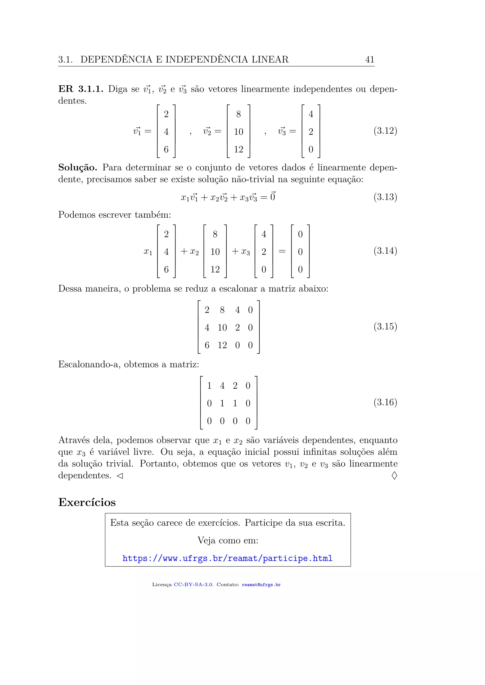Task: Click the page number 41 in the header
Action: pyautogui.click(x=369, y=60)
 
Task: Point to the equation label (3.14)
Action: pyautogui.click(x=385, y=251)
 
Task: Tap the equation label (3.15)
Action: pyautogui.click(x=385, y=326)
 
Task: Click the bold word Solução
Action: pyautogui.click(x=78, y=167)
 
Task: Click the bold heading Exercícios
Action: pyautogui.click(x=87, y=502)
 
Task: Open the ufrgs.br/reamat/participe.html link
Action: pyautogui.click(x=227, y=558)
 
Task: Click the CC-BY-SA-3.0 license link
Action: pyautogui.click(x=193, y=585)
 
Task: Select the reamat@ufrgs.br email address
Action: pyautogui.click(x=261, y=585)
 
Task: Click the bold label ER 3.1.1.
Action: pyautogui.click(x=81, y=89)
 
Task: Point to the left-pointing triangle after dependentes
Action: pyautogui.click(x=120, y=476)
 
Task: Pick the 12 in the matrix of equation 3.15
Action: pyautogui.click(x=222, y=345)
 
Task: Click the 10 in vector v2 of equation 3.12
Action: pyautogui.click(x=238, y=132)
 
